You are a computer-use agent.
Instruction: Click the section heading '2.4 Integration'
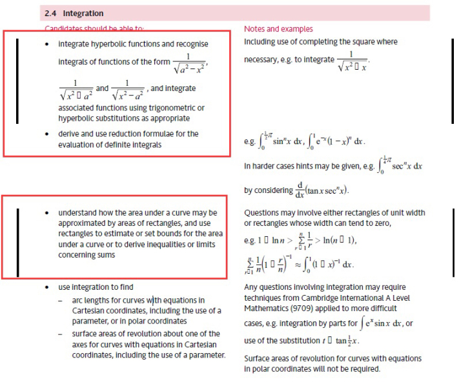[74, 13]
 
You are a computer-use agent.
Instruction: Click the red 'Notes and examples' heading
[278, 29]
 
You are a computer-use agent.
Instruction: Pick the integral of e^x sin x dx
[380, 323]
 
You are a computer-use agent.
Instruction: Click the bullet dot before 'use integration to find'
[48, 287]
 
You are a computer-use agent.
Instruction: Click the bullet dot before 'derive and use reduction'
[48, 134]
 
